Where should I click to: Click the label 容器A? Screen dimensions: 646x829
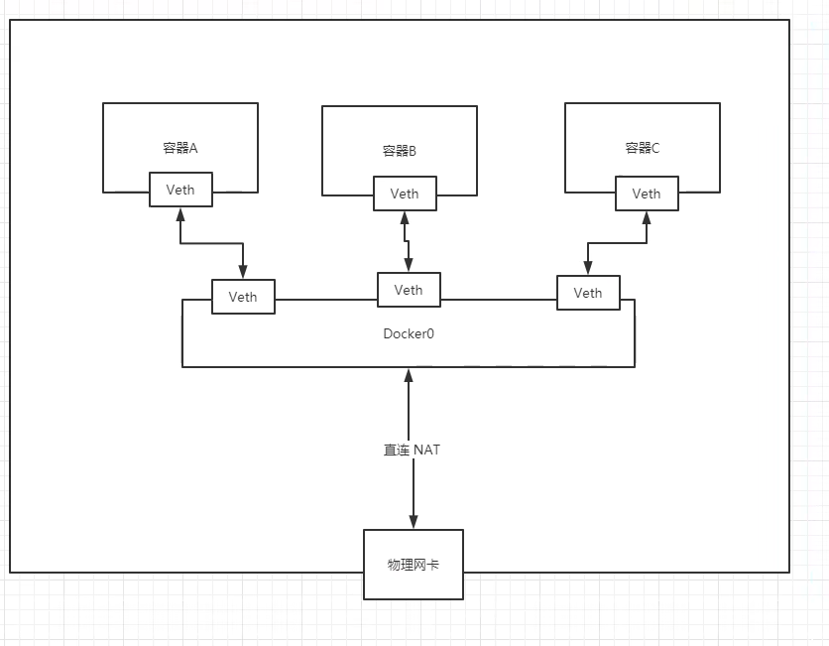[x=180, y=148]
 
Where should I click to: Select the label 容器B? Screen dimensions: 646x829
[x=400, y=152]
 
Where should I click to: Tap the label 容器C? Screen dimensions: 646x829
[x=643, y=148]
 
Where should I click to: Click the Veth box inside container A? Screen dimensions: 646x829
[x=180, y=190]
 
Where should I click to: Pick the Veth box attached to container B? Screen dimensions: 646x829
[x=405, y=194]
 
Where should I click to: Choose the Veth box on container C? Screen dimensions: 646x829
[x=647, y=194]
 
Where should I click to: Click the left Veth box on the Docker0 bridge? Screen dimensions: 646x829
[x=243, y=297]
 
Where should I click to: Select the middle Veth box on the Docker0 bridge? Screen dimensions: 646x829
[x=409, y=290]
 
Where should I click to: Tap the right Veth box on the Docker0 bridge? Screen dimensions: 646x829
[x=588, y=293]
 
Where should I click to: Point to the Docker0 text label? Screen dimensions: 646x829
[x=409, y=333]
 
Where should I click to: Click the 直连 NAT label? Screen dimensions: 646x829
[x=413, y=450]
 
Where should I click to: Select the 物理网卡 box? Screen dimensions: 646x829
[x=414, y=565]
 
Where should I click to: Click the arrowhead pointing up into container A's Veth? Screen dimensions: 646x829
[x=180, y=214]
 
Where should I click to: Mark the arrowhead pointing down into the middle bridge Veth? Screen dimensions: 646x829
[x=408, y=265]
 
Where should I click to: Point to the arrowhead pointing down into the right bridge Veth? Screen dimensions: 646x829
[x=588, y=268]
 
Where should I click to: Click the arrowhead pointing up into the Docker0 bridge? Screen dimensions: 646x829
[x=408, y=375]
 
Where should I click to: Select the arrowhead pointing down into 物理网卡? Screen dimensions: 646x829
[x=414, y=522]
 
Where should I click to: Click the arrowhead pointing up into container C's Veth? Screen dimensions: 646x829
[x=647, y=217]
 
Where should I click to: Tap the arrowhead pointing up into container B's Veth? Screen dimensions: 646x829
[x=405, y=218]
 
